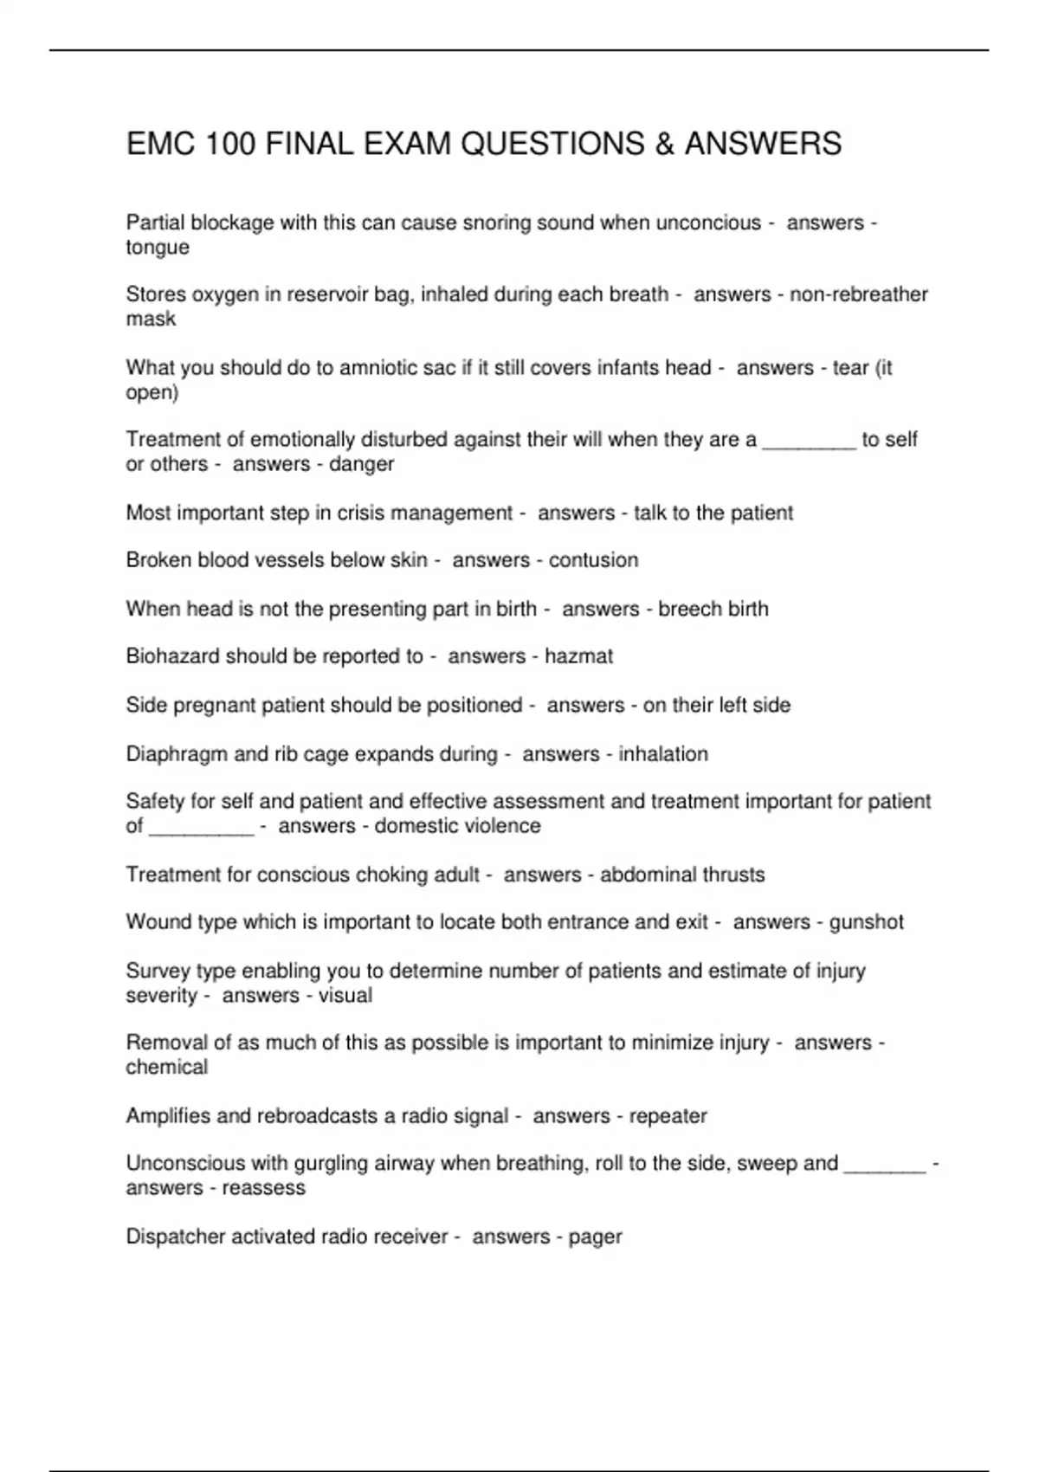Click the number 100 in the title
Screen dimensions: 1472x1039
230,144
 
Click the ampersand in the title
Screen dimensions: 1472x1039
664,144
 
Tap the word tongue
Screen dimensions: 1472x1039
158,248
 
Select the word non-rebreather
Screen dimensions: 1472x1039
858,294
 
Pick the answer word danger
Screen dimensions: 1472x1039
362,464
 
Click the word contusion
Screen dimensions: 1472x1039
593,560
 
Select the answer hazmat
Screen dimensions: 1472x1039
578,656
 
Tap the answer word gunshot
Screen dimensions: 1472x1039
866,922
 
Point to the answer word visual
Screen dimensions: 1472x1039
345,996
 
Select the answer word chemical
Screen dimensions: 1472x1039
167,1068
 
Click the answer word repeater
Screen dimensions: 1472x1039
668,1116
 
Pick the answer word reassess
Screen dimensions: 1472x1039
263,1188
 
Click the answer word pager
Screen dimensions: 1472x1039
595,1237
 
